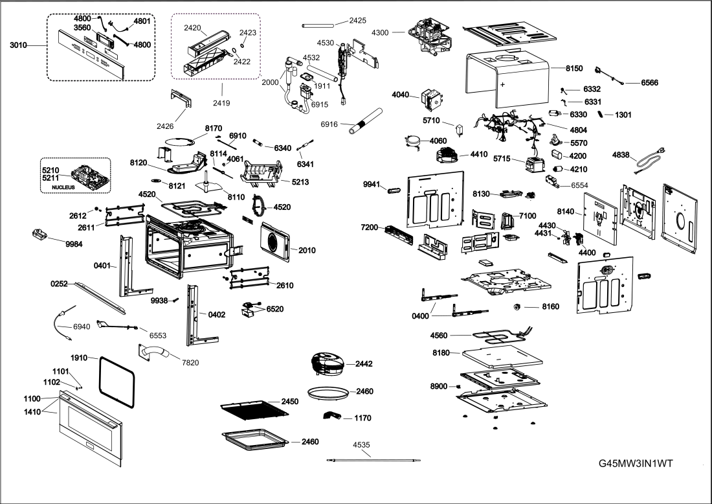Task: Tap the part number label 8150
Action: tap(574, 68)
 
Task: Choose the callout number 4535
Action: tap(362, 445)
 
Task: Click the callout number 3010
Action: tap(19, 45)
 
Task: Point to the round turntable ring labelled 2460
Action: tap(328, 392)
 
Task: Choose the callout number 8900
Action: tap(439, 387)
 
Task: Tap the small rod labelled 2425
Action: tap(318, 25)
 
